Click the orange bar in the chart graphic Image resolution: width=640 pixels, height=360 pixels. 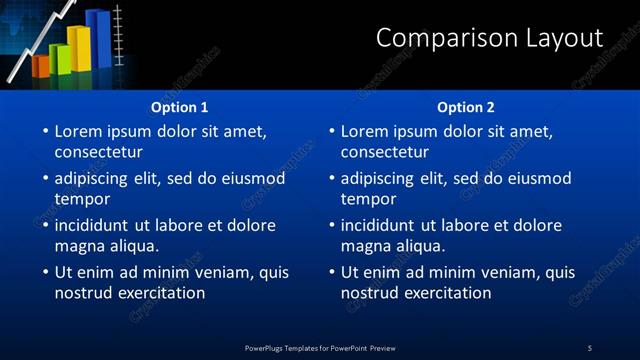coord(40,66)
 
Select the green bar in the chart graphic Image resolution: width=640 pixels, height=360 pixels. coord(58,59)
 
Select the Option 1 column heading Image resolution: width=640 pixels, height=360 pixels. coord(180,107)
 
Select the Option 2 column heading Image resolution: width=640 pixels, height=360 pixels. coord(466,107)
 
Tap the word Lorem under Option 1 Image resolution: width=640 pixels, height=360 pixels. coord(79,131)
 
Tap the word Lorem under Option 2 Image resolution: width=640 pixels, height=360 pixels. coord(365,131)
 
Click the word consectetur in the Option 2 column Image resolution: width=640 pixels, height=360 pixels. coord(385,152)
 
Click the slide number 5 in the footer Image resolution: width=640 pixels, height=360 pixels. coord(590,347)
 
